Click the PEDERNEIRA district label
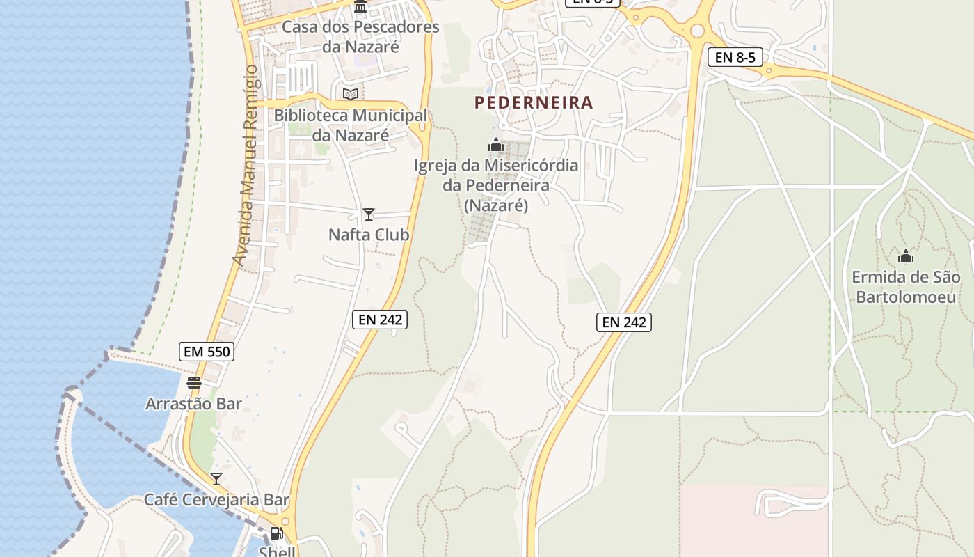pyautogui.click(x=534, y=103)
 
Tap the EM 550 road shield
pyautogui.click(x=206, y=352)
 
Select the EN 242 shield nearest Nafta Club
pyautogui.click(x=379, y=320)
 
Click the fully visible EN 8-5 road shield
pyautogui.click(x=735, y=57)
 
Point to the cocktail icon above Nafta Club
pyautogui.click(x=369, y=214)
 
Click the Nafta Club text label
pyautogui.click(x=369, y=235)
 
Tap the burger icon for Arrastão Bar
pyautogui.click(x=194, y=383)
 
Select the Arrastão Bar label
pyautogui.click(x=193, y=404)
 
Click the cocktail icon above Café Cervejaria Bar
pyautogui.click(x=216, y=479)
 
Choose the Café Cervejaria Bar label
pyautogui.click(x=216, y=499)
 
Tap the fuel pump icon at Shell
pyautogui.click(x=276, y=534)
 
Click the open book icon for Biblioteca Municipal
pyautogui.click(x=351, y=94)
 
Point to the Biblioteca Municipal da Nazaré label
pyautogui.click(x=351, y=125)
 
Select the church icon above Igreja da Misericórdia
pyautogui.click(x=496, y=146)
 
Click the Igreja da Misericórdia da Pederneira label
pyautogui.click(x=496, y=185)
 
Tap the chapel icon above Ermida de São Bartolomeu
pyautogui.click(x=905, y=257)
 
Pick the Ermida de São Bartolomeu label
pyautogui.click(x=905, y=287)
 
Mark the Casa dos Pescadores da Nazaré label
pyautogui.click(x=360, y=37)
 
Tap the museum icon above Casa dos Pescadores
pyautogui.click(x=360, y=7)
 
